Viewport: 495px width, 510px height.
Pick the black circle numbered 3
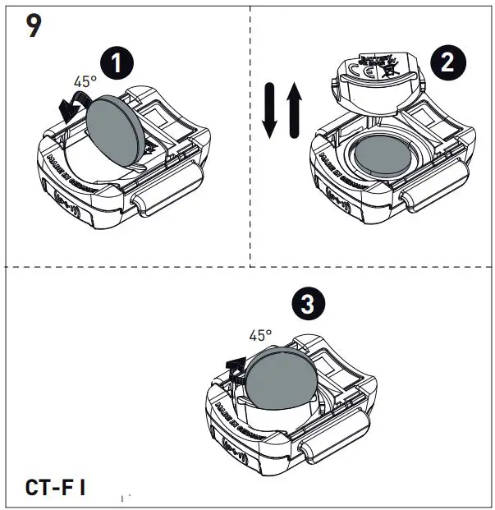(307, 304)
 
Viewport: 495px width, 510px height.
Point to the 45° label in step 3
(260, 335)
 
